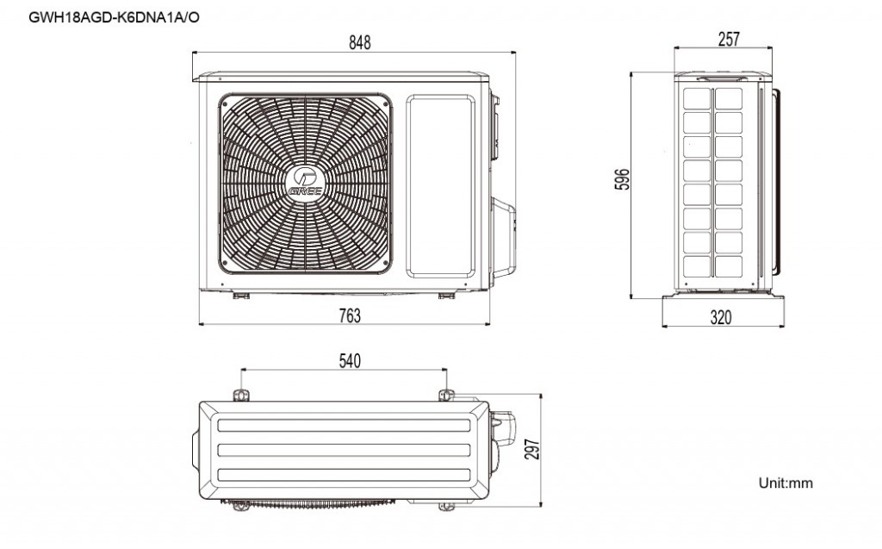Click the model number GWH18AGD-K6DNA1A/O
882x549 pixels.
(114, 17)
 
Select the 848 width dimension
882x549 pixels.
(360, 43)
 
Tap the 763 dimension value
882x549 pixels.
(350, 316)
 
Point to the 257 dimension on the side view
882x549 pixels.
(729, 39)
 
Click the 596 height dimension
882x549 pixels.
(623, 179)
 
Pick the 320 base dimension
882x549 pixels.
(721, 317)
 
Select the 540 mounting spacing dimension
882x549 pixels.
(350, 361)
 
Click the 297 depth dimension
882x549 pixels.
(532, 449)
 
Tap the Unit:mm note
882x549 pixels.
(786, 483)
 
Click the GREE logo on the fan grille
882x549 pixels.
(305, 184)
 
